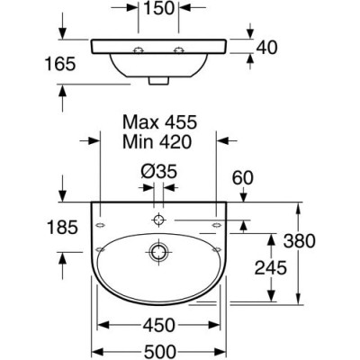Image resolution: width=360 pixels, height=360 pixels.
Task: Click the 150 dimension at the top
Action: tap(159, 8)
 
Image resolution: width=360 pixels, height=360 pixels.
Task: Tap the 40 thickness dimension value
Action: tap(266, 48)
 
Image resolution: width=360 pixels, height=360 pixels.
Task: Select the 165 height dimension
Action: tap(60, 64)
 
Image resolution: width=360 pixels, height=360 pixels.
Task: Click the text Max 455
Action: tap(159, 122)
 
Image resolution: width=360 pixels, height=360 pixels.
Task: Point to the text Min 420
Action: tap(157, 141)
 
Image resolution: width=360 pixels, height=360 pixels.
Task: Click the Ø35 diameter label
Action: tap(158, 172)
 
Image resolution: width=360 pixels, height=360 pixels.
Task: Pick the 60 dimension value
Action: tap(243, 178)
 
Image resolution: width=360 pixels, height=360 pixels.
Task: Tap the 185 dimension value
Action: tap(63, 227)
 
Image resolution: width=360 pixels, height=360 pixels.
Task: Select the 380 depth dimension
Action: tap(300, 241)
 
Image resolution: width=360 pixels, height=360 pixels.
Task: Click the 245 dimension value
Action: tap(271, 267)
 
